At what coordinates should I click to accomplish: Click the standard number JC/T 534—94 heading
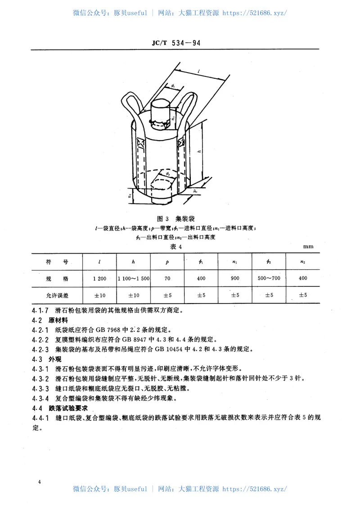[180, 43]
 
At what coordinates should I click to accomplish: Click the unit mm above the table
[308, 246]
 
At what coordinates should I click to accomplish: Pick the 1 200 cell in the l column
[99, 278]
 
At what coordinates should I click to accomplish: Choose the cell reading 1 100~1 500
[134, 278]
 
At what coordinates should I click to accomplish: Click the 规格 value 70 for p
[167, 278]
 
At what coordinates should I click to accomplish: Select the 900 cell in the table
[235, 278]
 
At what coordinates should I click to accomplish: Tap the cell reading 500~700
[269, 278]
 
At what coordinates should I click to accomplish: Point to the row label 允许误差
[57, 295]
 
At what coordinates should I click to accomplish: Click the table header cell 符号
[57, 261]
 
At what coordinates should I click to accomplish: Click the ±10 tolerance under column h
[134, 295]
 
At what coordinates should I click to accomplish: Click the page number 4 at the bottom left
[40, 482]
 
